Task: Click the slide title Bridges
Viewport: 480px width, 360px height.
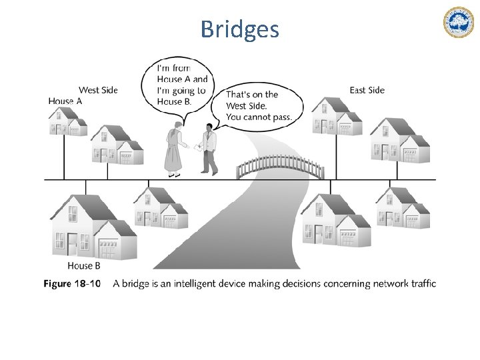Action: click(x=239, y=29)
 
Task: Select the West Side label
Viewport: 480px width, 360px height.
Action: click(x=98, y=90)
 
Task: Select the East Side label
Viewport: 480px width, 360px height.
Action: click(x=367, y=90)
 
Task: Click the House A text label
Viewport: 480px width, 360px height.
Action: click(x=65, y=101)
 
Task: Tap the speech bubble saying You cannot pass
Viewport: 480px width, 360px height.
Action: click(x=256, y=106)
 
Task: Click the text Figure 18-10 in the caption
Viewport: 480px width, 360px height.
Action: click(x=72, y=284)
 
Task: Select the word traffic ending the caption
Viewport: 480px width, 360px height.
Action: click(x=420, y=284)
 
